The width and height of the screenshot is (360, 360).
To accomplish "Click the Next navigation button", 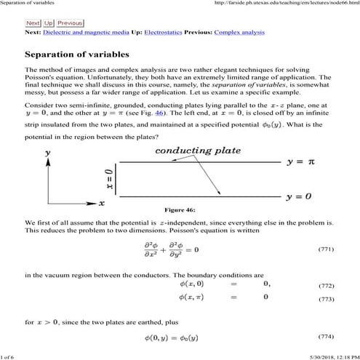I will [33, 23].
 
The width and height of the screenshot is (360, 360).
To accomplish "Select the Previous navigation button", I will [70, 23].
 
